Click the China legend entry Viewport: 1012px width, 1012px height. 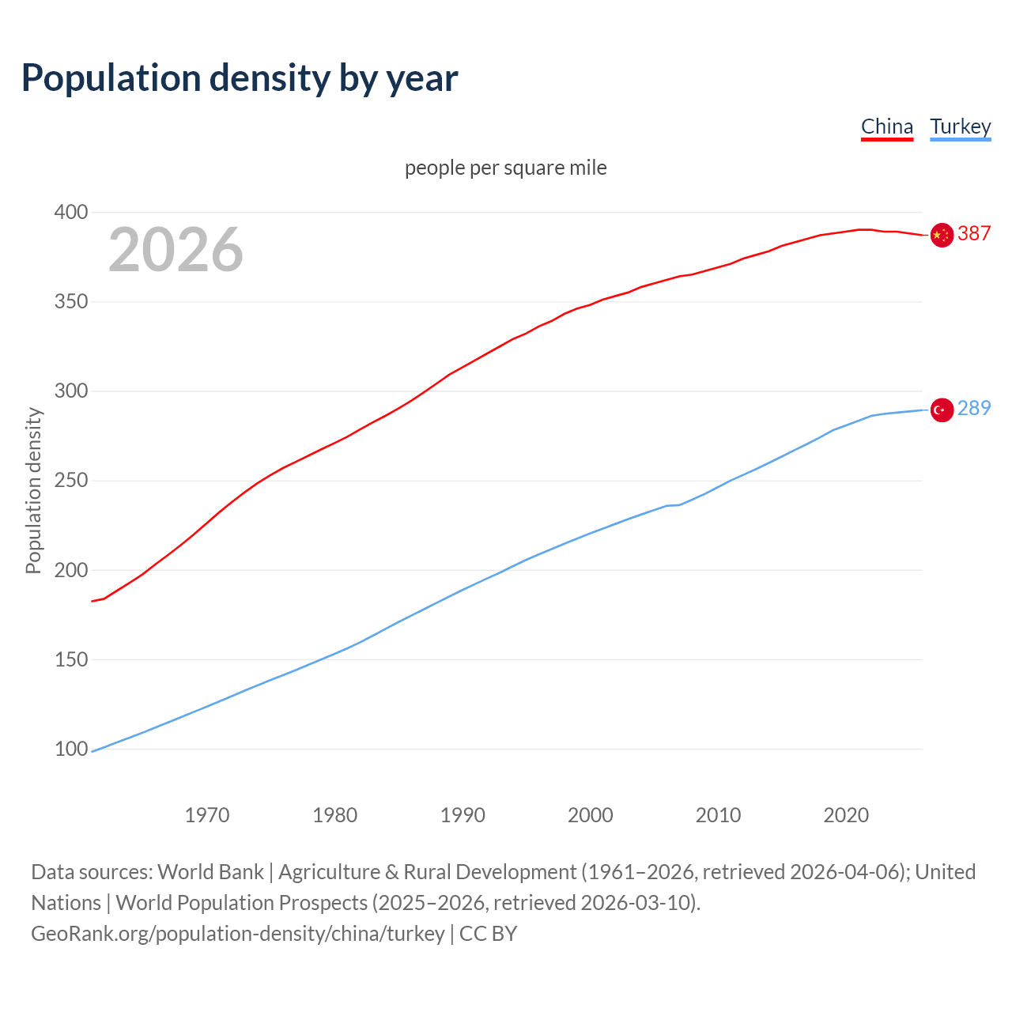[x=886, y=126]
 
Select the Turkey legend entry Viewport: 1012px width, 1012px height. [x=960, y=126]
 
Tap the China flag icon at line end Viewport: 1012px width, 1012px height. [x=942, y=235]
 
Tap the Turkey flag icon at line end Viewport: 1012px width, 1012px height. [x=942, y=410]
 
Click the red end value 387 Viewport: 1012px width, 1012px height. [x=974, y=233]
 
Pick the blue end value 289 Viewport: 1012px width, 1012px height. [x=974, y=408]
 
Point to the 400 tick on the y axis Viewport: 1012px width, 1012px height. [x=71, y=212]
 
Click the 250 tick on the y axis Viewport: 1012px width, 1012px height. [x=71, y=481]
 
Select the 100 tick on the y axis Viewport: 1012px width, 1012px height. [x=71, y=749]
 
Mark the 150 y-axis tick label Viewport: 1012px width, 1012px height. [x=71, y=659]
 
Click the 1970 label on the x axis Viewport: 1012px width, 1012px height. [x=207, y=815]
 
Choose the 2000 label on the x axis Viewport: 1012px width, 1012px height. [x=591, y=815]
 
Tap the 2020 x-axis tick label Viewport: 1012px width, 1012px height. [x=846, y=815]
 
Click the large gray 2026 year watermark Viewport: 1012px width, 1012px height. [x=176, y=250]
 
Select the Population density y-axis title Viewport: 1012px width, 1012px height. [x=33, y=490]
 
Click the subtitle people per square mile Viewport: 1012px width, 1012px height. [x=506, y=168]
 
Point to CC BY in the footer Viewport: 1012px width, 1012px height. [x=488, y=934]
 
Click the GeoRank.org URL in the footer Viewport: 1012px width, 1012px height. [x=237, y=934]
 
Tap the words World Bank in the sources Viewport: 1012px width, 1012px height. [x=210, y=872]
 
